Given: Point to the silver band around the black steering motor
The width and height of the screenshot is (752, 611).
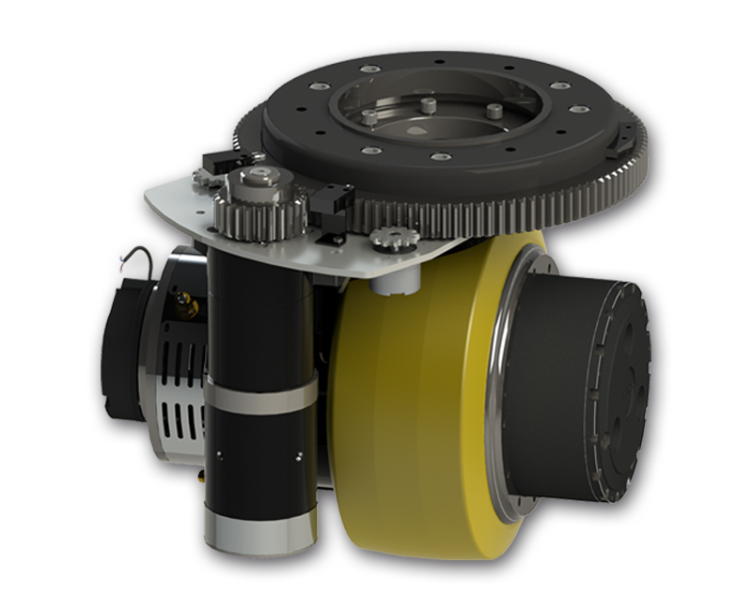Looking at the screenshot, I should point(260,395).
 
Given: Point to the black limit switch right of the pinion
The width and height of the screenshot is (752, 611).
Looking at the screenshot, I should point(333,200).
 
